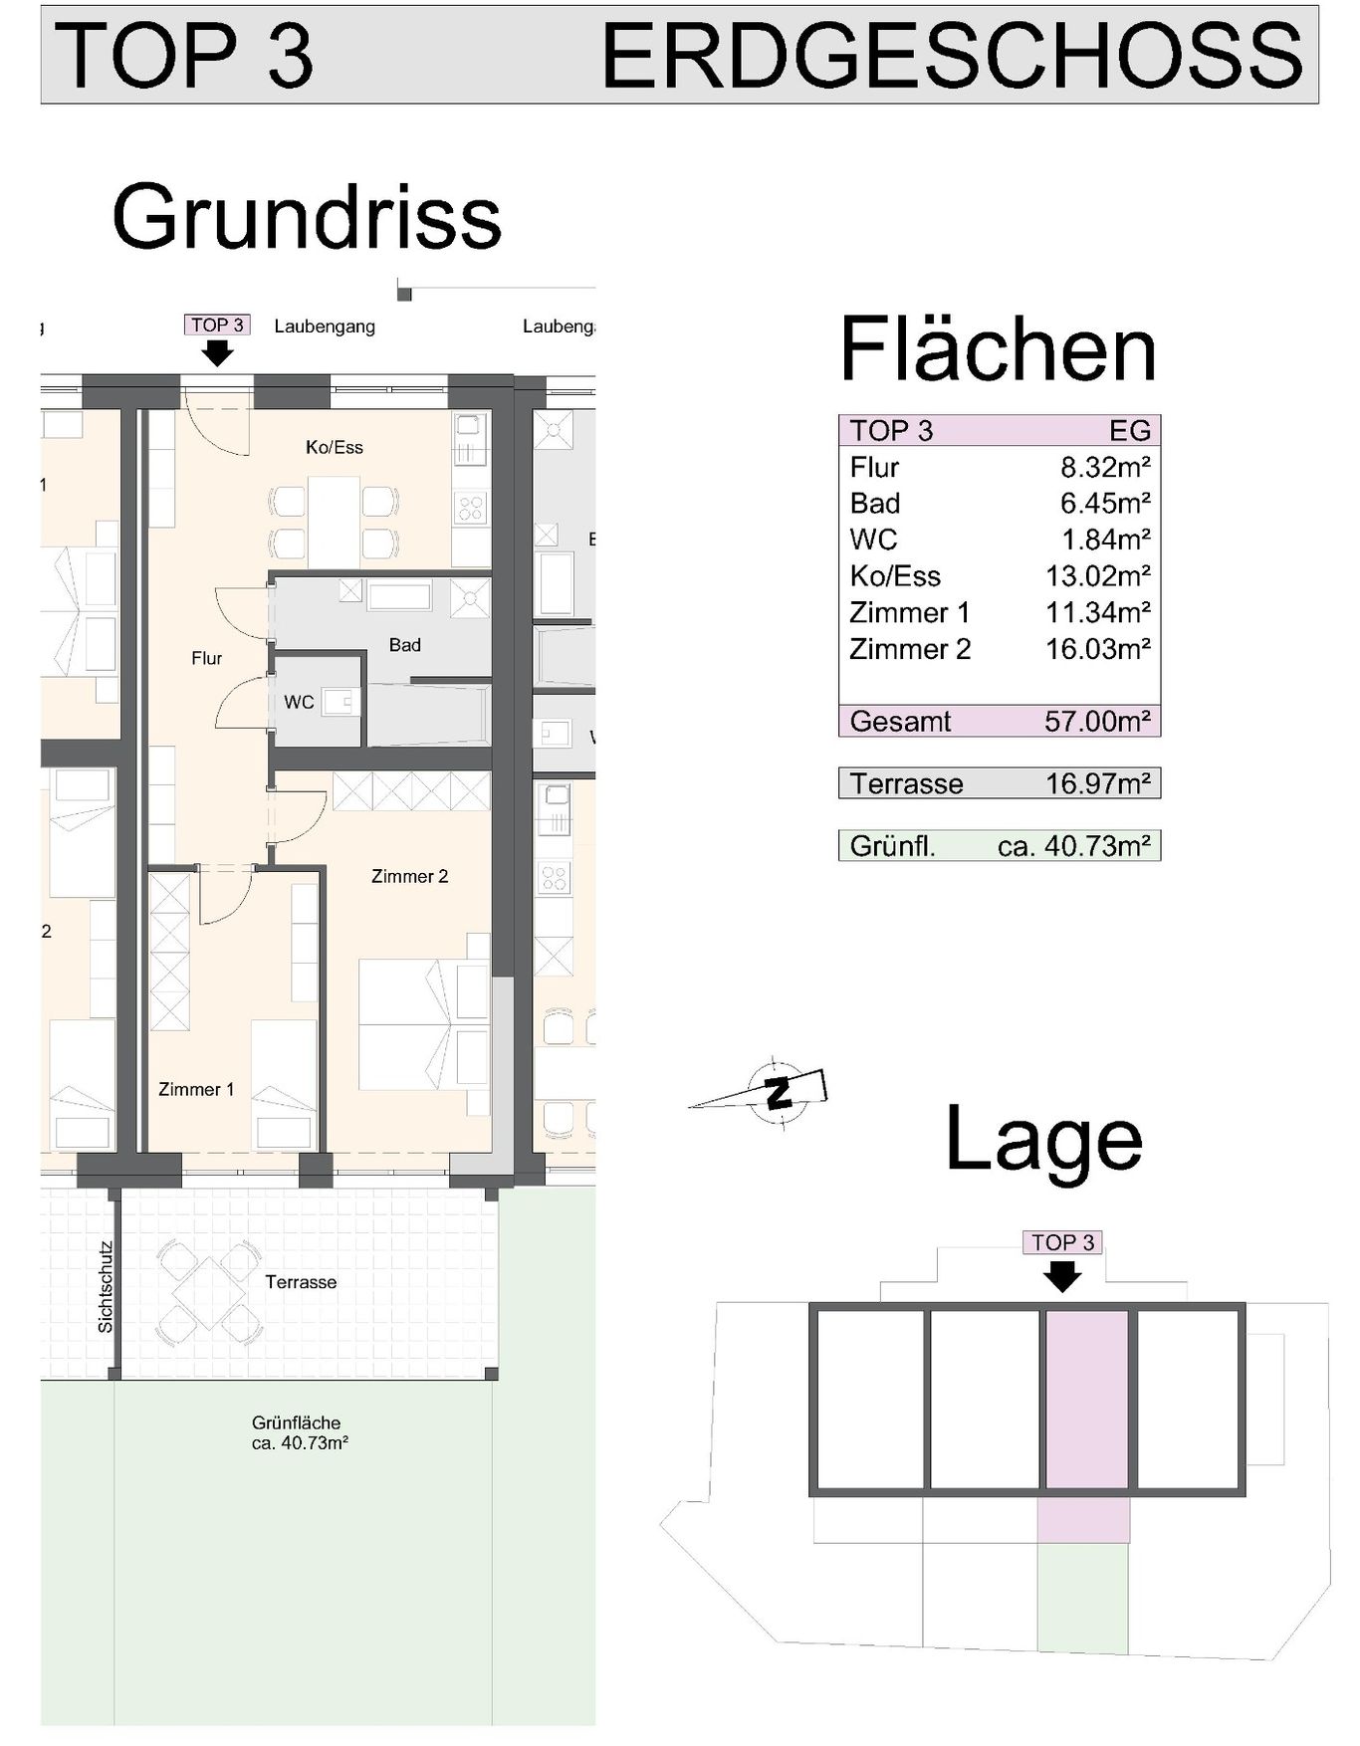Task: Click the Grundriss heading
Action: pyautogui.click(x=307, y=217)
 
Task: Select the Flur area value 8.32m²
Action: pyautogui.click(x=1105, y=467)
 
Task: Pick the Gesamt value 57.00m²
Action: pyautogui.click(x=1098, y=721)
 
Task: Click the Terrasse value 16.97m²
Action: pyautogui.click(x=1098, y=783)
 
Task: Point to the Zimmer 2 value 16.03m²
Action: pyautogui.click(x=1098, y=649)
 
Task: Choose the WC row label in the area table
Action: pyautogui.click(x=873, y=540)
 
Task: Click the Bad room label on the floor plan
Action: pyautogui.click(x=404, y=645)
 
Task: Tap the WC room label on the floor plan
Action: pyautogui.click(x=299, y=702)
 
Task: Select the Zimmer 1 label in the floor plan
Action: pyautogui.click(x=196, y=1089)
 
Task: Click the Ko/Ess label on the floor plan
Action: pyautogui.click(x=335, y=447)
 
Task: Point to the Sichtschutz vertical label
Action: pyautogui.click(x=106, y=1287)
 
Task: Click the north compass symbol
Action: pyautogui.click(x=777, y=1090)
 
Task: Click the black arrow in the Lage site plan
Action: pyautogui.click(x=1063, y=1275)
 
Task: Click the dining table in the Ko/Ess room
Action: pyautogui.click(x=334, y=523)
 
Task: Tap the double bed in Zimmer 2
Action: pyautogui.click(x=408, y=1024)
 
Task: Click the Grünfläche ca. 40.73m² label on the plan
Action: pyautogui.click(x=300, y=1432)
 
